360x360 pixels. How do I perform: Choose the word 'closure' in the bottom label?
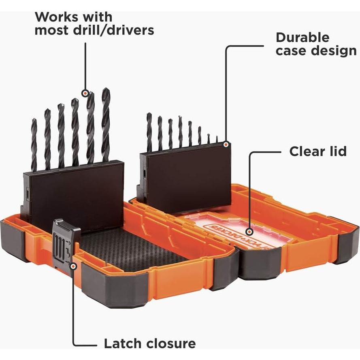tap(171, 344)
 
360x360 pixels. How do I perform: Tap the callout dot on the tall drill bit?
tap(85, 93)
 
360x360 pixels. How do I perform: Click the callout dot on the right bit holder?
tap(226, 143)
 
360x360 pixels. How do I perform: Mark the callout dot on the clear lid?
tap(250, 232)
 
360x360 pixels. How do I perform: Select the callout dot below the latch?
tap(73, 266)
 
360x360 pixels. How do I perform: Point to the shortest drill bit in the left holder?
tap(34, 144)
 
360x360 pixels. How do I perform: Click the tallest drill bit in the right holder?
tap(149, 132)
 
